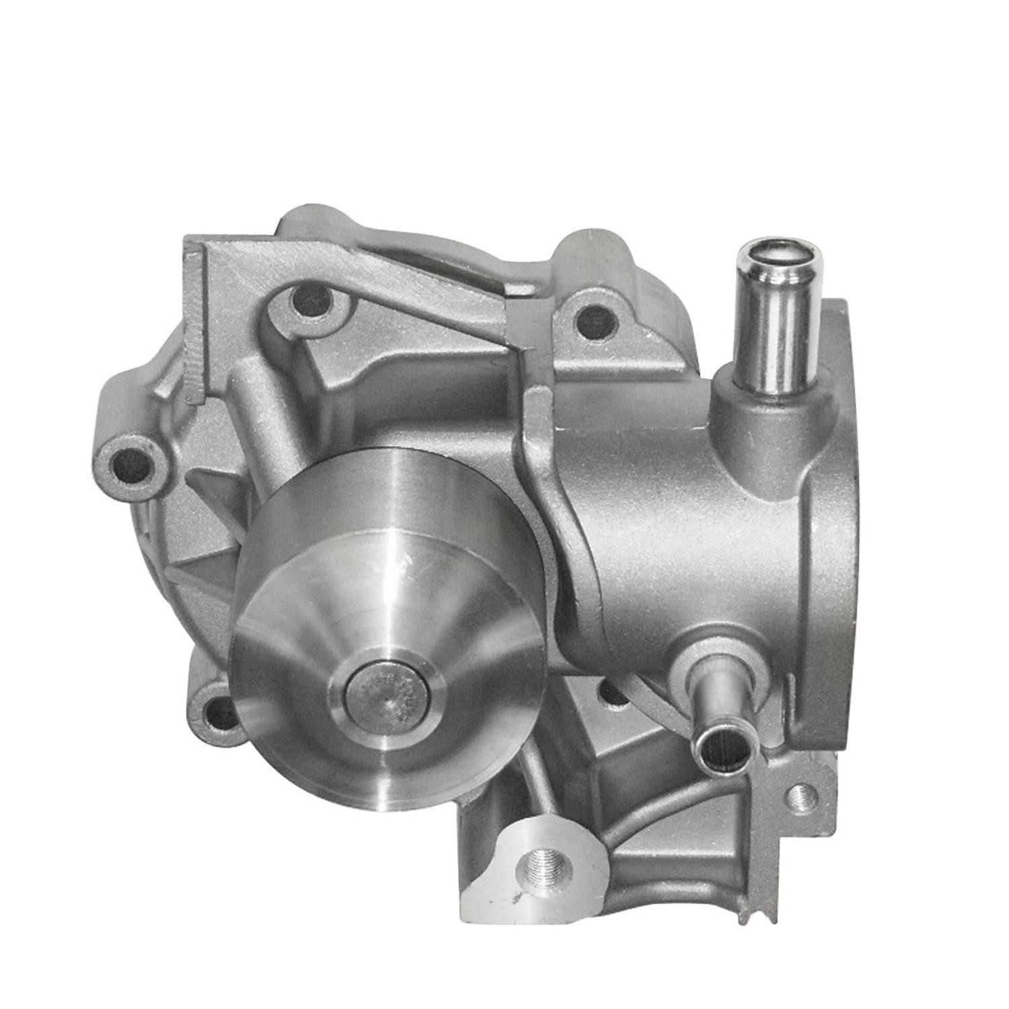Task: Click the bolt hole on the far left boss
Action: click(129, 463)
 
